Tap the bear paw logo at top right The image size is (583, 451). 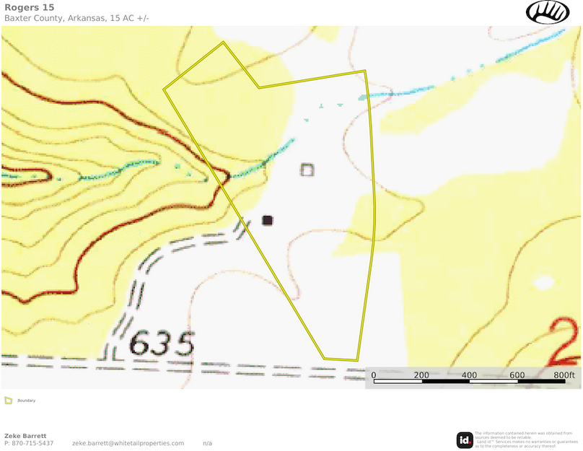(x=548, y=12)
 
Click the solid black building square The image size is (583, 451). (x=268, y=220)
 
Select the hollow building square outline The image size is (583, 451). (x=307, y=170)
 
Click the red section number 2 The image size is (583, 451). (x=565, y=340)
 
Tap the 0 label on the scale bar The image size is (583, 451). (x=374, y=375)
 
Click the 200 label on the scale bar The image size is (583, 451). (x=421, y=375)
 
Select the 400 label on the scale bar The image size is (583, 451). (x=469, y=375)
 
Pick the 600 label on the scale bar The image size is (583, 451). (x=517, y=375)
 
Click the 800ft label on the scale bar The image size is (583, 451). (x=564, y=375)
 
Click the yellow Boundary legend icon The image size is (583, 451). (x=8, y=400)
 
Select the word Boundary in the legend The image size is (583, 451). (x=26, y=400)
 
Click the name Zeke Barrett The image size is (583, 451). (x=25, y=436)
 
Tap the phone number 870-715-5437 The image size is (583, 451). (x=33, y=443)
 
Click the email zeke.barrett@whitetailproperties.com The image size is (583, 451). (x=128, y=443)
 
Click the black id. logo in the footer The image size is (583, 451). (x=465, y=439)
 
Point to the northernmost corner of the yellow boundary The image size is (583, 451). (x=223, y=42)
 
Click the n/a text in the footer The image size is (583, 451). (x=207, y=443)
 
